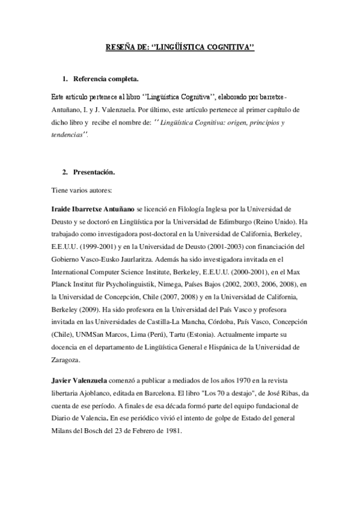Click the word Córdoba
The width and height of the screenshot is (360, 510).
coord(207,321)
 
